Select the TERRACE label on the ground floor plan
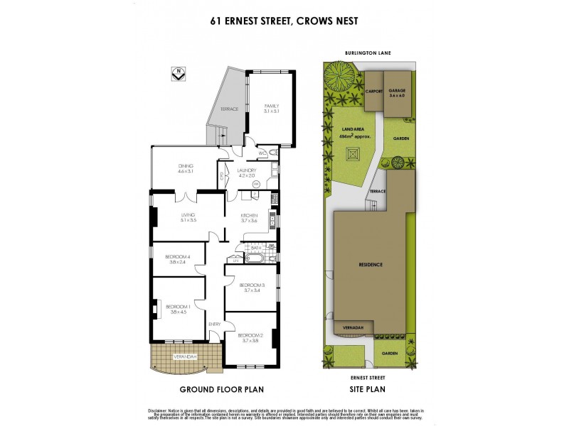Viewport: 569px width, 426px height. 228,109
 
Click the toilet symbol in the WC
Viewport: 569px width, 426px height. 272,153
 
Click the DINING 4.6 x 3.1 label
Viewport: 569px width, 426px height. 186,168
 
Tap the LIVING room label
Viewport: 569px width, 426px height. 188,217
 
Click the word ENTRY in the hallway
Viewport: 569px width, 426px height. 215,324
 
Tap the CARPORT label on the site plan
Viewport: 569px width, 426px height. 374,92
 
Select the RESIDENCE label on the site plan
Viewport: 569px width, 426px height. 370,264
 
